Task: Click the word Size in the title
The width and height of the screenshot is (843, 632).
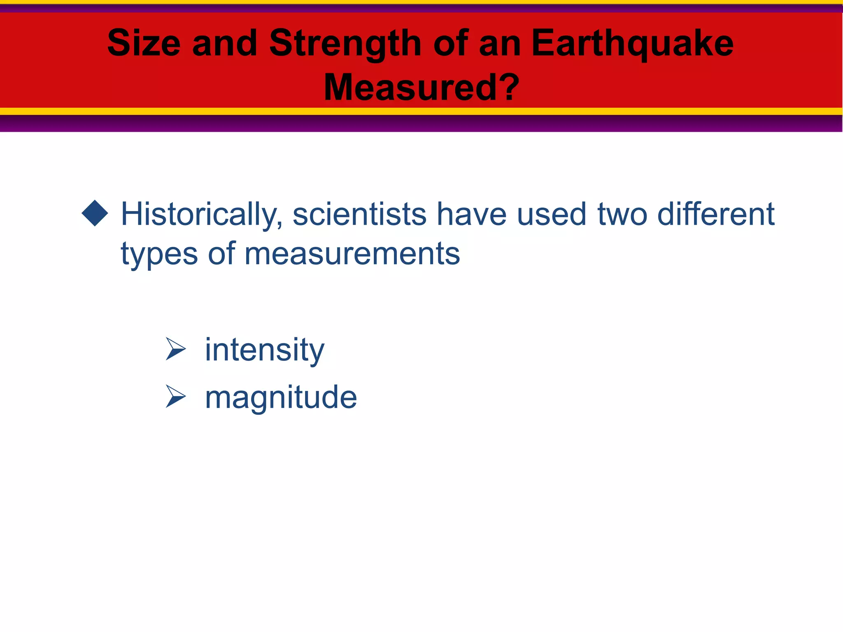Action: (x=144, y=43)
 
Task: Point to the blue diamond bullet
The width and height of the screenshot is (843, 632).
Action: (x=95, y=213)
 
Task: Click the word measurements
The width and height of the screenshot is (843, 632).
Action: (x=352, y=254)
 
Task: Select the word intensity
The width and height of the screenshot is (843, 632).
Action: (x=265, y=350)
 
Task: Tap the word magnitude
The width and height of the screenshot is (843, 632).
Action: (x=281, y=397)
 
